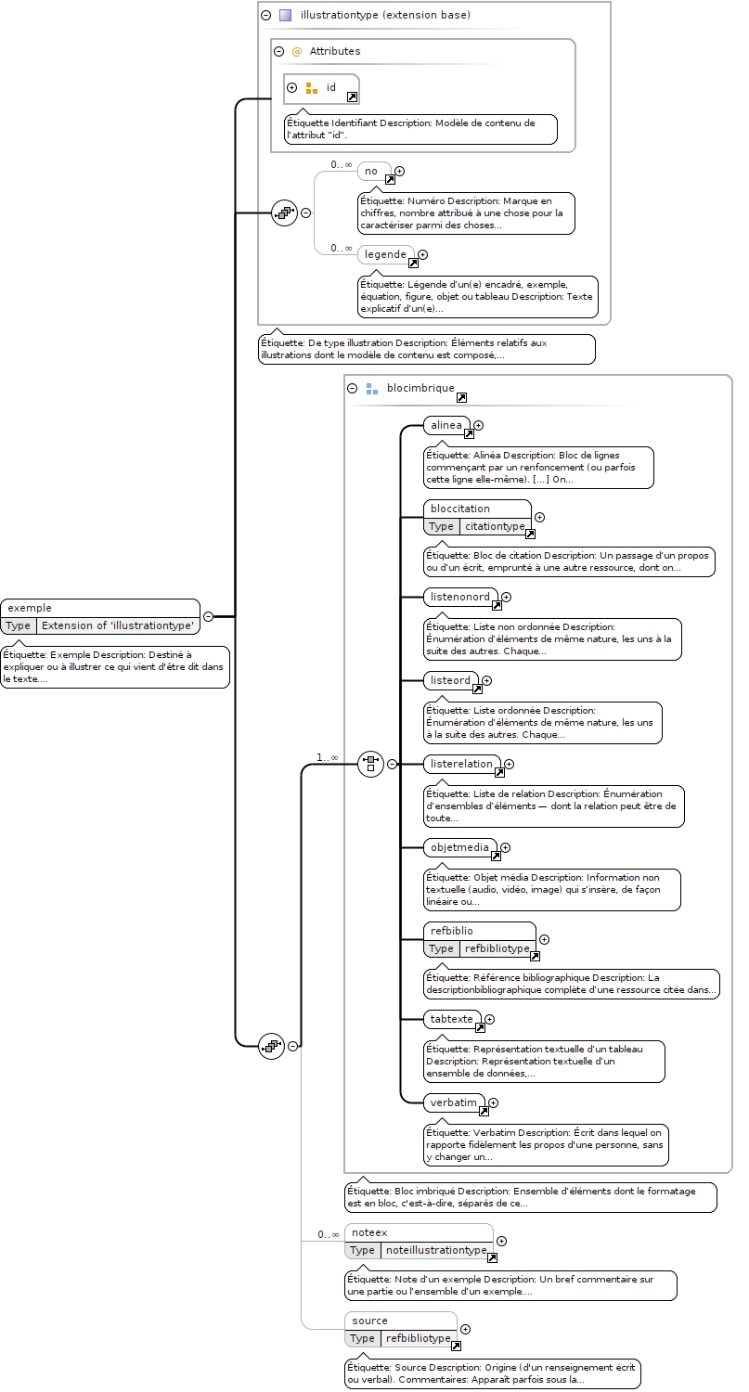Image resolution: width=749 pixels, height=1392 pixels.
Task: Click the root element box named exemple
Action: (x=100, y=616)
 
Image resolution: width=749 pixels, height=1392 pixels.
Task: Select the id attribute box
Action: (x=321, y=89)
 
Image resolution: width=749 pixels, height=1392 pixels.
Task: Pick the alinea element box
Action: (x=447, y=426)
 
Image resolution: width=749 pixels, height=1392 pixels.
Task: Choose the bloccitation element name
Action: (x=460, y=509)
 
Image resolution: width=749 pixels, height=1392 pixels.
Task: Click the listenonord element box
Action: (x=461, y=598)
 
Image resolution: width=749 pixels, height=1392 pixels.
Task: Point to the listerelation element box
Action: (x=462, y=765)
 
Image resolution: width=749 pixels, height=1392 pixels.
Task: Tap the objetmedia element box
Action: (x=460, y=847)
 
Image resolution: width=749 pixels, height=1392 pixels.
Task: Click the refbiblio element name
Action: (x=452, y=930)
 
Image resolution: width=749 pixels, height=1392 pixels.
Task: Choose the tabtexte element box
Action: (x=453, y=1019)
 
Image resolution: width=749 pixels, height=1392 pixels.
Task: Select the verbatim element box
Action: (x=455, y=1102)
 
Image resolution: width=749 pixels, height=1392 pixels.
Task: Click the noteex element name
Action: (x=369, y=1231)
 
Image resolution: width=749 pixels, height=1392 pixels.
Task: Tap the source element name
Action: (x=369, y=1320)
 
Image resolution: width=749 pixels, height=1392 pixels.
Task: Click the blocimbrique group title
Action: (x=420, y=388)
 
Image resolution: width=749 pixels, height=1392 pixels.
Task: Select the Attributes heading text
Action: (x=335, y=51)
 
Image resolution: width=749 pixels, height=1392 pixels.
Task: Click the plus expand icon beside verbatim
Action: (x=494, y=1102)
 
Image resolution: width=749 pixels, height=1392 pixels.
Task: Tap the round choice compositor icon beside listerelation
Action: (x=371, y=764)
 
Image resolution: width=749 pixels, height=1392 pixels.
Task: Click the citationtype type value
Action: (x=495, y=526)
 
